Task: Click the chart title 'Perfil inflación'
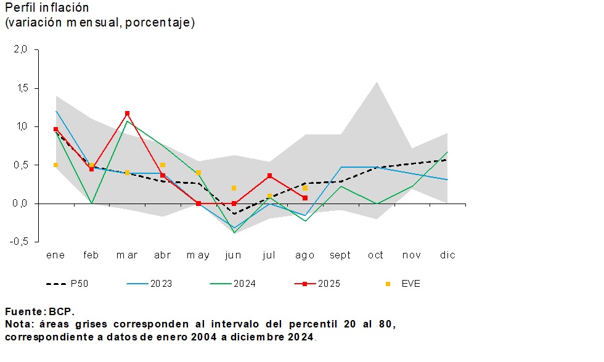click(47, 8)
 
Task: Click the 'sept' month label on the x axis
click(340, 255)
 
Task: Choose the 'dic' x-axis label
click(447, 255)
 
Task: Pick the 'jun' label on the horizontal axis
click(234, 255)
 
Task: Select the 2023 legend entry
click(150, 284)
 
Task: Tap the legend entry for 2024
click(233, 284)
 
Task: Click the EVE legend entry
click(404, 284)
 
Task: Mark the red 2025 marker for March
click(127, 113)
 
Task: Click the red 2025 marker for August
click(305, 198)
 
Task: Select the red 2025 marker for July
click(269, 176)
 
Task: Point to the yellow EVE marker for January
click(55, 165)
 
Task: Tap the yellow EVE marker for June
click(234, 188)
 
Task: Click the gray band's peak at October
click(376, 82)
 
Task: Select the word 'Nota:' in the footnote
click(19, 324)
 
